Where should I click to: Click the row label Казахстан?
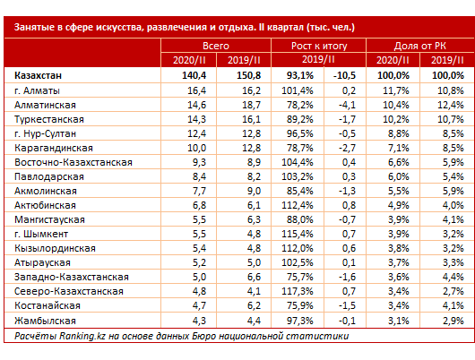38,75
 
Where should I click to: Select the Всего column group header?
216,46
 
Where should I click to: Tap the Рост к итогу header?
319,46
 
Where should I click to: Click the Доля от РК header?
419,46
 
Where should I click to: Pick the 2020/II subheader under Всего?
189,60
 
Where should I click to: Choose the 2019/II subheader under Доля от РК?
447,60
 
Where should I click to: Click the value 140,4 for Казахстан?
194,75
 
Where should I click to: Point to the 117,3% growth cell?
298,291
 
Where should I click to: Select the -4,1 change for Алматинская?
347,105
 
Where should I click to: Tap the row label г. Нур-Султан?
45,133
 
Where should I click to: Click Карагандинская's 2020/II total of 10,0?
196,148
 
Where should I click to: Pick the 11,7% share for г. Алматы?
396,90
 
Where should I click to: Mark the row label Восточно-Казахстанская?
73,162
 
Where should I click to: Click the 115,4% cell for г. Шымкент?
298,234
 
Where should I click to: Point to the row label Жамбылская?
45,321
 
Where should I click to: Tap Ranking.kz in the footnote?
82,336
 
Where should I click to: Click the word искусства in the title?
120,27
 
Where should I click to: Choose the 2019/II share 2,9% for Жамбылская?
453,321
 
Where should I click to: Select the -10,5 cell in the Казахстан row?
344,75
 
